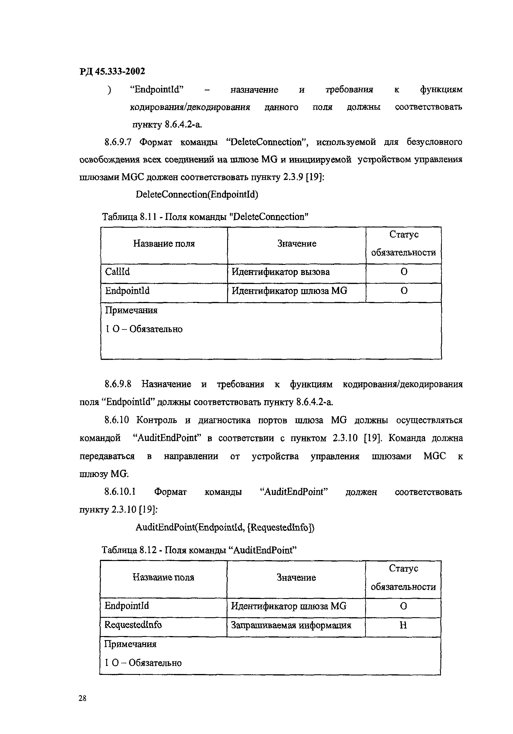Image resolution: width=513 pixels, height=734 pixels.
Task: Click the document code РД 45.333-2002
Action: tap(112, 71)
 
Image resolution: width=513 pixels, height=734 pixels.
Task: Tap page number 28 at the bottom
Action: tap(82, 698)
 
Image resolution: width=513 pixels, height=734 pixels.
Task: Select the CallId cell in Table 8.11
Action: tap(117, 272)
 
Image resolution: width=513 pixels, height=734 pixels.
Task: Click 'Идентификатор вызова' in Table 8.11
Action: tap(280, 272)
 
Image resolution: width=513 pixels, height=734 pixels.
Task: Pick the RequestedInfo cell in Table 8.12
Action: tap(133, 625)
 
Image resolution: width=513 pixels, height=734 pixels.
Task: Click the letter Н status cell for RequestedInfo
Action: tap(403, 625)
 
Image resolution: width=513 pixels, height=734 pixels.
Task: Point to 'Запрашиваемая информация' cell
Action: tap(291, 625)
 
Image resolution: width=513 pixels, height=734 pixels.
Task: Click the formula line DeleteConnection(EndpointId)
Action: tap(197, 194)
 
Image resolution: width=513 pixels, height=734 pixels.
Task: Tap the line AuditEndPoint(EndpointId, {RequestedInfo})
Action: tap(225, 527)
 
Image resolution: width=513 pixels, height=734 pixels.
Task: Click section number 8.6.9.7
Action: tap(118, 142)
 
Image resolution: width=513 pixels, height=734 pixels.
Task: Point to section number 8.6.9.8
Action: tap(118, 384)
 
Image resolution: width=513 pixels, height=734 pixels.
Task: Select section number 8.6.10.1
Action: tap(120, 492)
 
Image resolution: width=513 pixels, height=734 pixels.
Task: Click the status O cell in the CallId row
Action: tap(404, 272)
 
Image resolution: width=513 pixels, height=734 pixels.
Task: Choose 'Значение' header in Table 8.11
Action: tap(297, 244)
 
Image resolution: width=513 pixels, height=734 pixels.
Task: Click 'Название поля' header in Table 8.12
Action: tap(163, 577)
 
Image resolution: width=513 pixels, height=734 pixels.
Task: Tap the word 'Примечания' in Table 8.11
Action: tap(131, 310)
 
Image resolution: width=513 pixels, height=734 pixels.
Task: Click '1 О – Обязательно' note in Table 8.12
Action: tap(143, 663)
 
